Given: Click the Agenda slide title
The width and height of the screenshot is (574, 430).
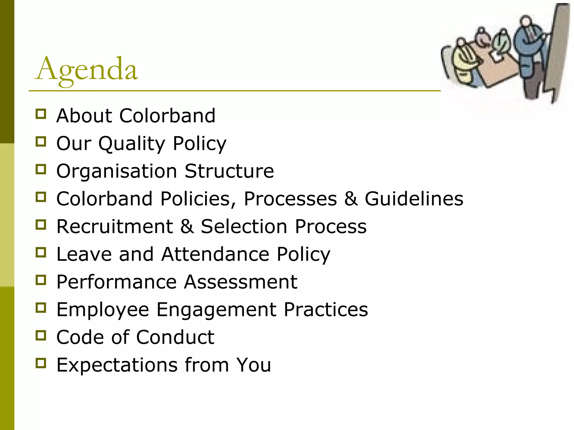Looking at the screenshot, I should tap(86, 69).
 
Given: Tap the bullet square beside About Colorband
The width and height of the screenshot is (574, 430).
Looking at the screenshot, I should tap(41, 114).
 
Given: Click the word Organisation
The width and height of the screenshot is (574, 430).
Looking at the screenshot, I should tap(117, 171).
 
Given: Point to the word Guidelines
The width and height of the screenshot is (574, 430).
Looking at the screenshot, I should tap(414, 199).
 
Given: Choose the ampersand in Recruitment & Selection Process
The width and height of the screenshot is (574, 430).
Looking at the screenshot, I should tap(187, 226).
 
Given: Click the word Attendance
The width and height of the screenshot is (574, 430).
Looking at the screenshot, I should tap(215, 254).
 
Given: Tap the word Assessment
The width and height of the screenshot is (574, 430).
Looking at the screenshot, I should tap(241, 282).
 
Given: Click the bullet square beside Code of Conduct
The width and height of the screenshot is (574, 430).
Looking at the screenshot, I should tap(41, 335).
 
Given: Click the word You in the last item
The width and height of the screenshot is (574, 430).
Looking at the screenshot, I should tap(253, 365).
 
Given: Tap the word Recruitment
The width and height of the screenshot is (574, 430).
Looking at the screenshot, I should tap(115, 226).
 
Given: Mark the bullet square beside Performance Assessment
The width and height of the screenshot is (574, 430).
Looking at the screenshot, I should tap(41, 280).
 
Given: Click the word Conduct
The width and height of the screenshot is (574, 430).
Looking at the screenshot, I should tap(175, 337).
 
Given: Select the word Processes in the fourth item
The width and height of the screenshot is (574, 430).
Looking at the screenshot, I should tap(290, 199).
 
